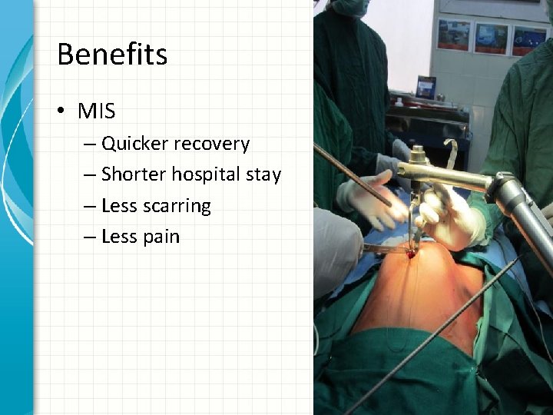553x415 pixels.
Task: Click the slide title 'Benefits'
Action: (112, 55)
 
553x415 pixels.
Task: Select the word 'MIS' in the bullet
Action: (96, 111)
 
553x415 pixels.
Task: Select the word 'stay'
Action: (263, 175)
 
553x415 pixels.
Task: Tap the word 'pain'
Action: (161, 237)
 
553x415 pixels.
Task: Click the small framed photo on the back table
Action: (426, 87)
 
